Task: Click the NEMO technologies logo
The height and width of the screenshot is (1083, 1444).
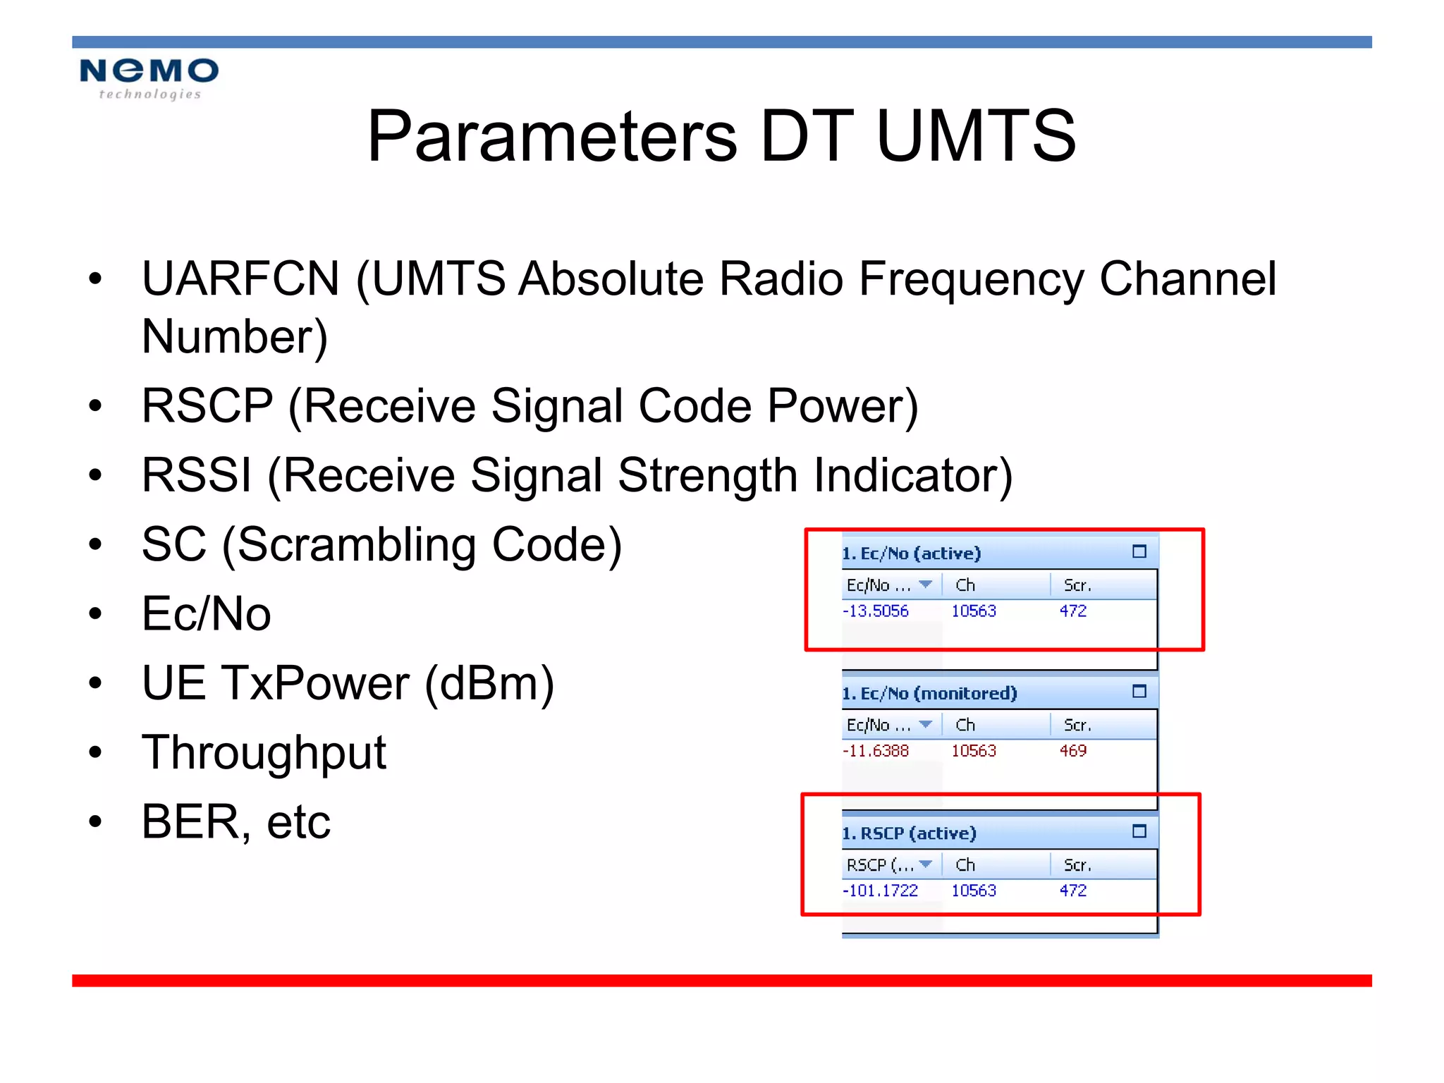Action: (149, 78)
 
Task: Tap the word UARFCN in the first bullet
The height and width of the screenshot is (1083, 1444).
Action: (240, 279)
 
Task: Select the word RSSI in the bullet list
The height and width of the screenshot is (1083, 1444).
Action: (196, 475)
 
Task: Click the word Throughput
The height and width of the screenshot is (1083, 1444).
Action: (264, 753)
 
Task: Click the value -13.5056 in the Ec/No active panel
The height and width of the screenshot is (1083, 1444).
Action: (876, 611)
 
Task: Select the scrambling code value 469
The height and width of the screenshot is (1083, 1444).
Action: (1072, 751)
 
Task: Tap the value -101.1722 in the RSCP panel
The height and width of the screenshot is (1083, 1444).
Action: (881, 891)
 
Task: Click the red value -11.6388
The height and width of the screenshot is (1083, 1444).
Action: (876, 751)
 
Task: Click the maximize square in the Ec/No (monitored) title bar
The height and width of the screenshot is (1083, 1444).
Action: (1139, 692)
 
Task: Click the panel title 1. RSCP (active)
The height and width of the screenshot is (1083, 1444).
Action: (909, 833)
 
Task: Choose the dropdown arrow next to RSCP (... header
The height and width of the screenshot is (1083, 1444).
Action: (926, 864)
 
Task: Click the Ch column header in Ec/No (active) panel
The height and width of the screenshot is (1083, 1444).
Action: (965, 585)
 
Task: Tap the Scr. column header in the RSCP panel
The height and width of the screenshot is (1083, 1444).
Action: (1077, 865)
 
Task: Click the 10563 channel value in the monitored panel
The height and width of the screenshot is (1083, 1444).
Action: (974, 751)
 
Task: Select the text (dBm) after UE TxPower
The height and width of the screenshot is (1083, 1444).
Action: (489, 684)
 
